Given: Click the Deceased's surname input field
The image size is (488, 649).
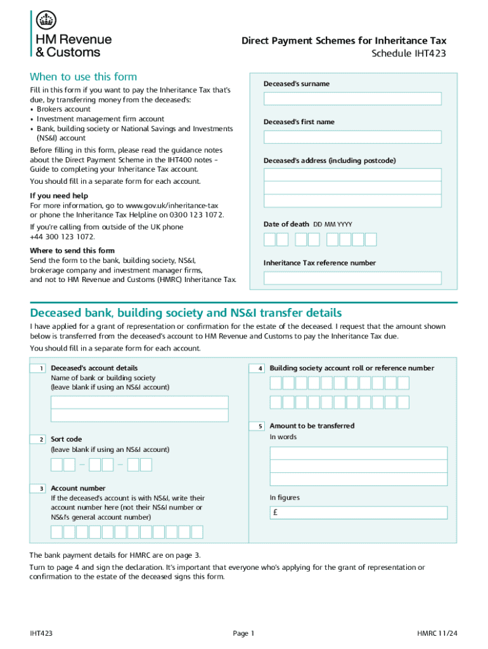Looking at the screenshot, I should click(352, 99).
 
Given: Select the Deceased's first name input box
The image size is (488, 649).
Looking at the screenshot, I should click(352, 137).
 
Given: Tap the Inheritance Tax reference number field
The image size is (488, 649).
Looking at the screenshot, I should click(352, 278).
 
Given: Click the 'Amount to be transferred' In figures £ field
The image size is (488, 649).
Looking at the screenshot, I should click(359, 513).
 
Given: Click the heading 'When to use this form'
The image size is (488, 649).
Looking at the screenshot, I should click(83, 77).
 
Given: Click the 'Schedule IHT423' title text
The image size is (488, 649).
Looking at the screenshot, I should click(408, 53).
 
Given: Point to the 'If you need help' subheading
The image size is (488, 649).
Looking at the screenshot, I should click(59, 196).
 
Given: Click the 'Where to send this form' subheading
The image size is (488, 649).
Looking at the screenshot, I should click(72, 251).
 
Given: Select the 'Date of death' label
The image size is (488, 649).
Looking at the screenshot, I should click(286, 224).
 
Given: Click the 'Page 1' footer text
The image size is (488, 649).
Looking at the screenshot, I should click(243, 633).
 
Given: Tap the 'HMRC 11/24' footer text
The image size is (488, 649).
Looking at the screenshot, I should click(437, 633).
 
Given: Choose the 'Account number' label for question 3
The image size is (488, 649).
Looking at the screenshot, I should click(78, 489).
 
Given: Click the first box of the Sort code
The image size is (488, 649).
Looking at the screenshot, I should click(56, 465).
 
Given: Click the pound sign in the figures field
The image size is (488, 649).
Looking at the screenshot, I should click(275, 513).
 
